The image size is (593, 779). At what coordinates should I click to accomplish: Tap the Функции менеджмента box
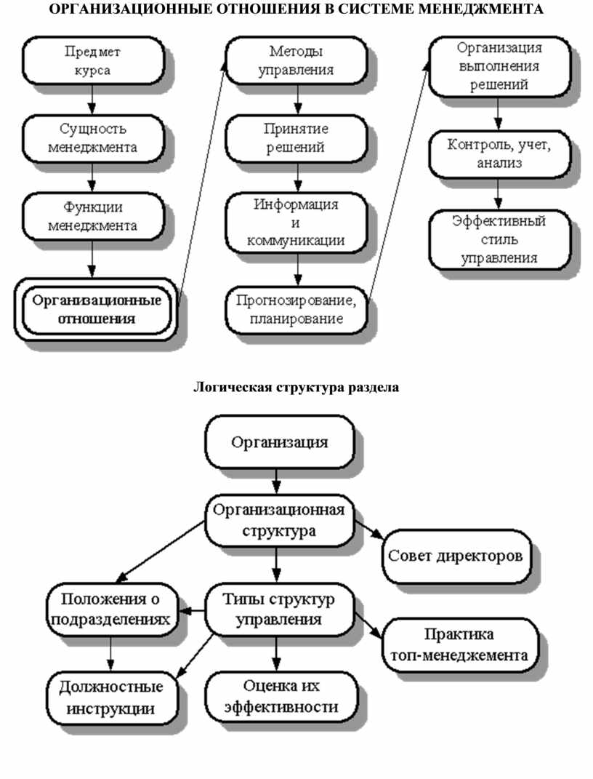pos(92,216)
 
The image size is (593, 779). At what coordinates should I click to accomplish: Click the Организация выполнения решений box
pos(499,66)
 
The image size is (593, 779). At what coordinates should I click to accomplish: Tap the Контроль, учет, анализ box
pos(499,154)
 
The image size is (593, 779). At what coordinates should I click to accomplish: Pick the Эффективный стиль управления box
pos(499,239)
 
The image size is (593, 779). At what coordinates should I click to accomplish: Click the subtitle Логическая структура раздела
pos(296,387)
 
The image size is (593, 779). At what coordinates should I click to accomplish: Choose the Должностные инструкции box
pos(110,697)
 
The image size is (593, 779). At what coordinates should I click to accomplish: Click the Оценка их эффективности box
pos(281,696)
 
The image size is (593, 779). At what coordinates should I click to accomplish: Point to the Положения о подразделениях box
pos(110,610)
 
